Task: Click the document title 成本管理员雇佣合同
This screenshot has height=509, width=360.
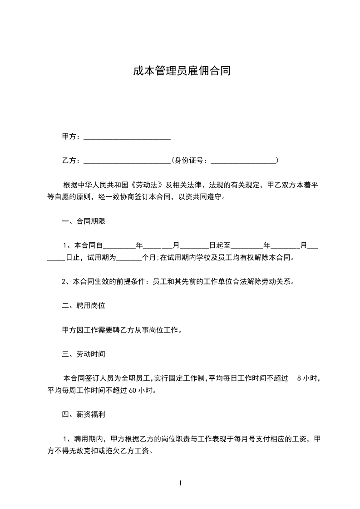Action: (x=182, y=71)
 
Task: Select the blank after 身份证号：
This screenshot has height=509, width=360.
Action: (x=244, y=161)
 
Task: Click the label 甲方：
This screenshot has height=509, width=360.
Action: (x=71, y=137)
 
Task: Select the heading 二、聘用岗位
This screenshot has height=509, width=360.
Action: (x=84, y=305)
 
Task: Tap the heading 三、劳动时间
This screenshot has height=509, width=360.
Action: (x=84, y=354)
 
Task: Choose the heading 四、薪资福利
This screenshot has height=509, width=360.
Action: (x=84, y=414)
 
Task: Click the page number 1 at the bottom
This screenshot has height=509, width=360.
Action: (x=180, y=483)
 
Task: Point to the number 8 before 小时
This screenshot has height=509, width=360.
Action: (x=298, y=378)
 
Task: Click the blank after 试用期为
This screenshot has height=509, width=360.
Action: (x=130, y=258)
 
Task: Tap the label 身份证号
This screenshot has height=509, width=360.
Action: (x=189, y=161)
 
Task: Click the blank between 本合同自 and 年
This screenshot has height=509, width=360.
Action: (x=120, y=246)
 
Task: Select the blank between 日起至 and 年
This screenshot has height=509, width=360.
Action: (x=247, y=246)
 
